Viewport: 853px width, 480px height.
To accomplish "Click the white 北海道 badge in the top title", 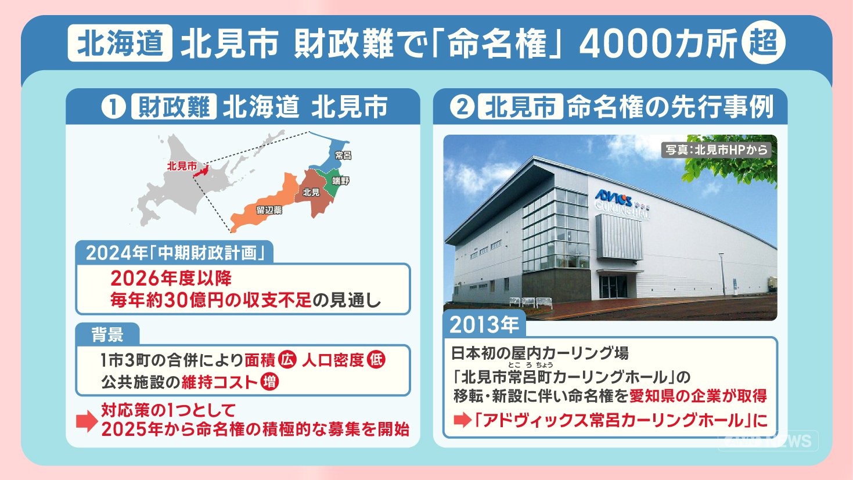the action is coord(120,43).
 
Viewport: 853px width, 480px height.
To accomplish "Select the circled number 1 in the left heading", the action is coord(113,107).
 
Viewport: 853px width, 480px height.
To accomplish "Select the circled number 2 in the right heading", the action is coord(462,107).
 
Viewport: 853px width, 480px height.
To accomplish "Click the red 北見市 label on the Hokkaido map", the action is coord(182,166).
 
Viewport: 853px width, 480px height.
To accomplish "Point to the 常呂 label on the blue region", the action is coord(343,155).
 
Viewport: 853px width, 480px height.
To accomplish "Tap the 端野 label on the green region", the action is coord(340,181).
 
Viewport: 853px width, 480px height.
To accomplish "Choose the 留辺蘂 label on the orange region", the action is coord(269,210).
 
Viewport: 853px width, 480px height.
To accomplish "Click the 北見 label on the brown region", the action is coord(311,193).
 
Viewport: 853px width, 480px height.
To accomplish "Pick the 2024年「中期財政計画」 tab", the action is coord(175,252).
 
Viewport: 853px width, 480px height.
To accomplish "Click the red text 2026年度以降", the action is coord(171,279).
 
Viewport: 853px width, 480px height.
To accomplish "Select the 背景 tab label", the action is coord(107,334).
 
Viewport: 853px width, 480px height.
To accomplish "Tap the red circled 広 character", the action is coord(287,360).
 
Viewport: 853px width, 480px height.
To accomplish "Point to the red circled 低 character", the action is coord(376,360).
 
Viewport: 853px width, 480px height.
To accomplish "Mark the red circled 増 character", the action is coord(269,382).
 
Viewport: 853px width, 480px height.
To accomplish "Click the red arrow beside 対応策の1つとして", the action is coord(87,421).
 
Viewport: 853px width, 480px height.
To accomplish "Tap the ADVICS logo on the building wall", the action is coord(613,197).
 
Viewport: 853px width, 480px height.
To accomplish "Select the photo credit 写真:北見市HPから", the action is coord(717,150).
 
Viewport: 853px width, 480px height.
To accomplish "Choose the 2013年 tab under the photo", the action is coord(484,324).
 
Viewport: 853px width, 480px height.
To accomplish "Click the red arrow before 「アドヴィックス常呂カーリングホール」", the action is coord(463,420).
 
